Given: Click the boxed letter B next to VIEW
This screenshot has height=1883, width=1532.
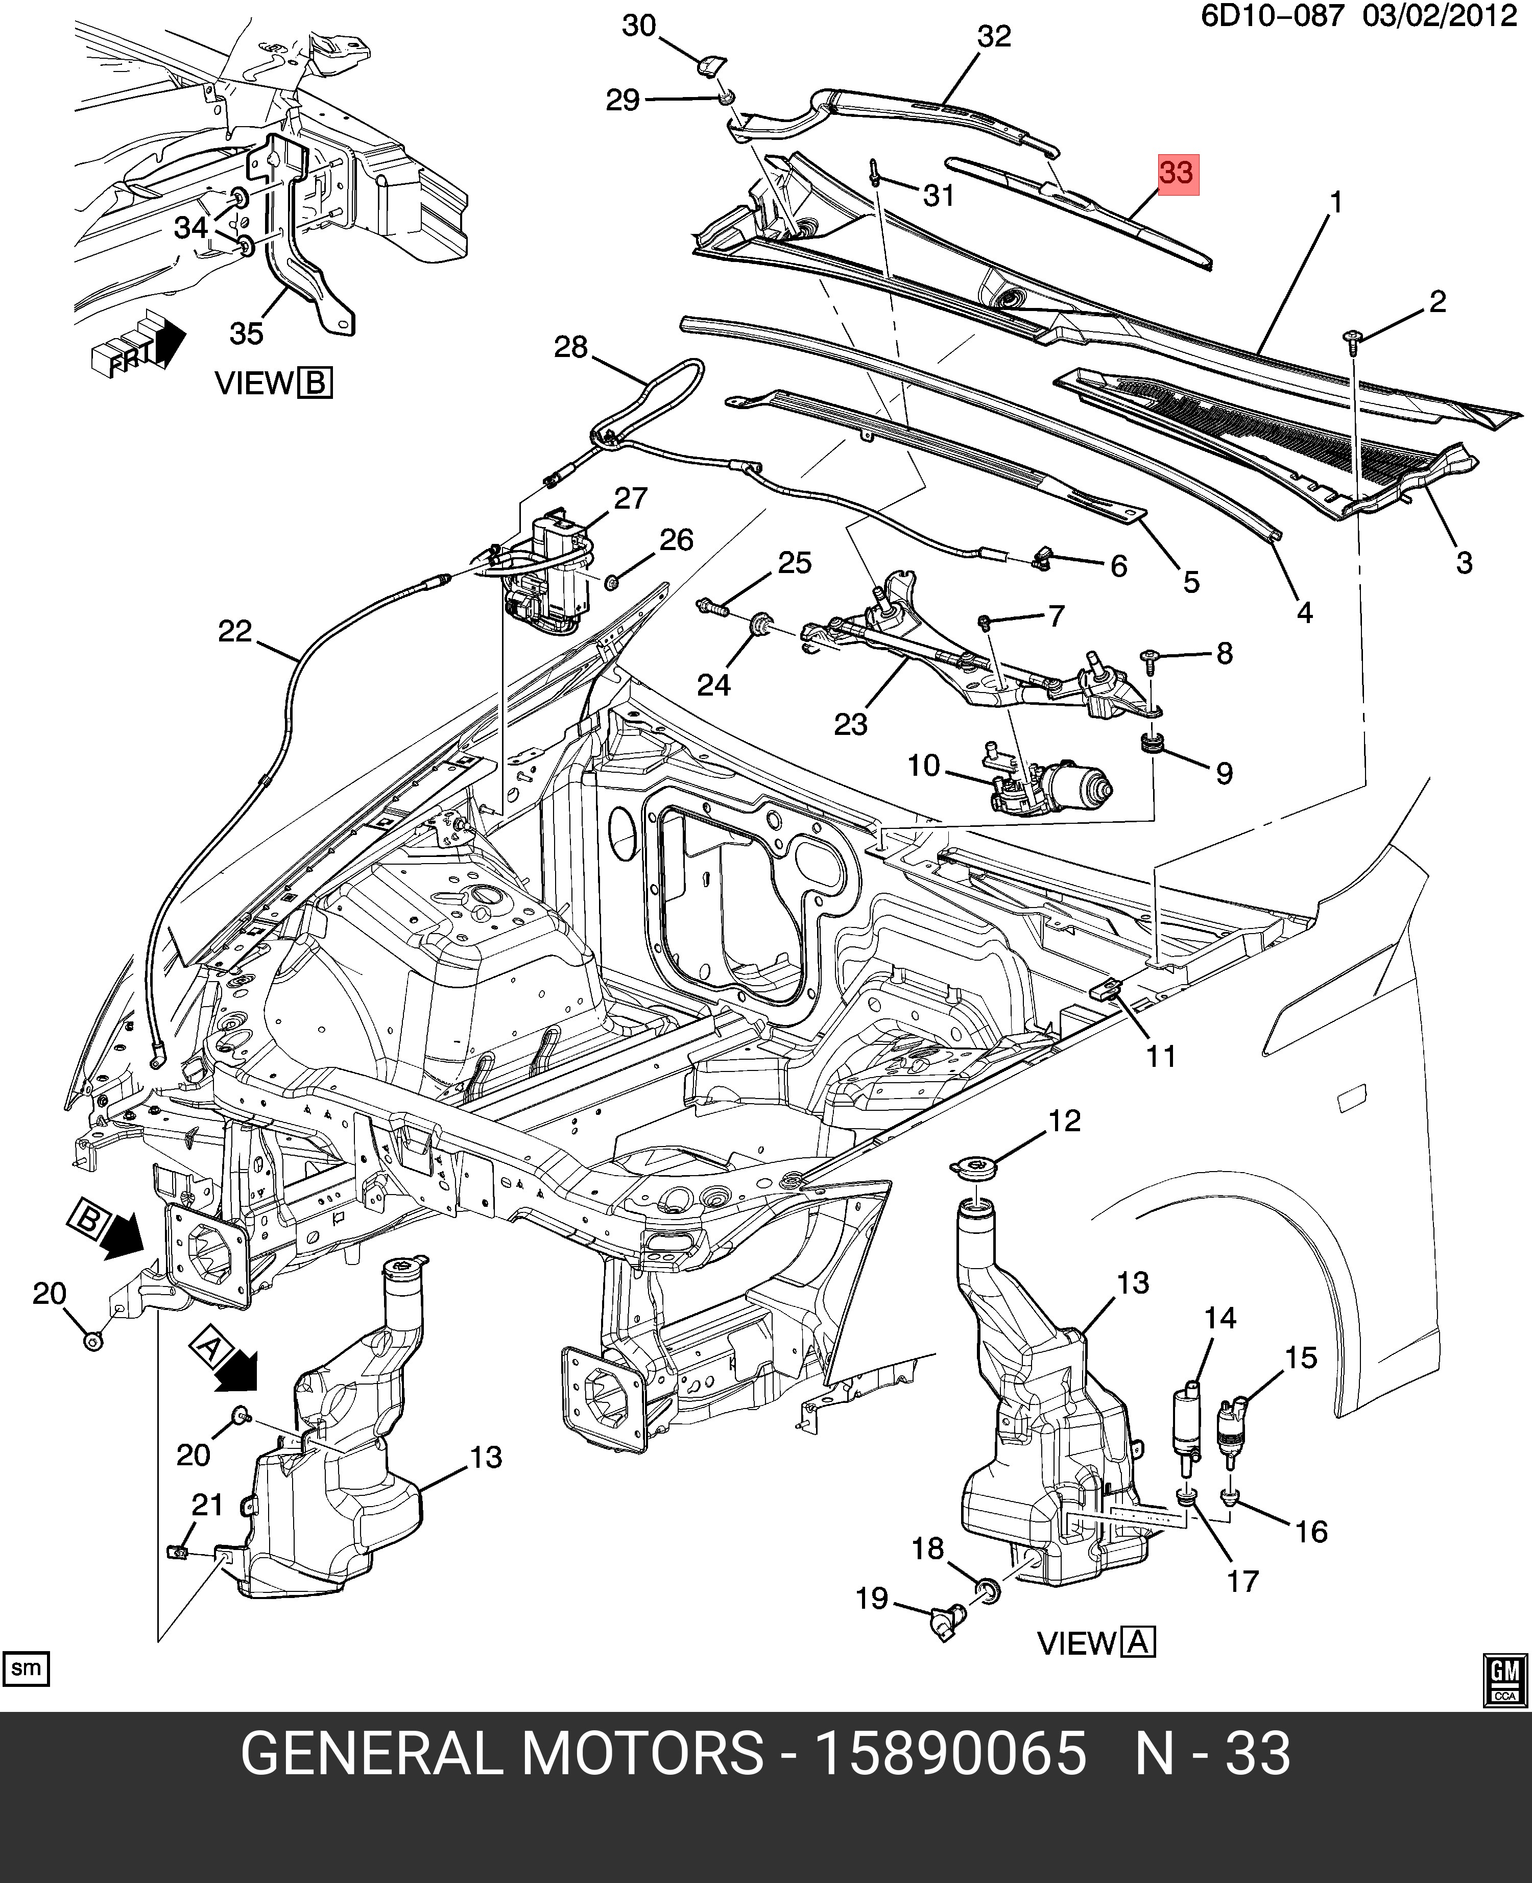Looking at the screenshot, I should tap(315, 384).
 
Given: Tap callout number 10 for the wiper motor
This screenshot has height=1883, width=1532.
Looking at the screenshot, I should tap(923, 765).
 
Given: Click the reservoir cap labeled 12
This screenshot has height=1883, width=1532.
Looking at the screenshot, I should tap(973, 1169).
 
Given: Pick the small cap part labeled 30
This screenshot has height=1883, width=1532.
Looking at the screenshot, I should tap(710, 64).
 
